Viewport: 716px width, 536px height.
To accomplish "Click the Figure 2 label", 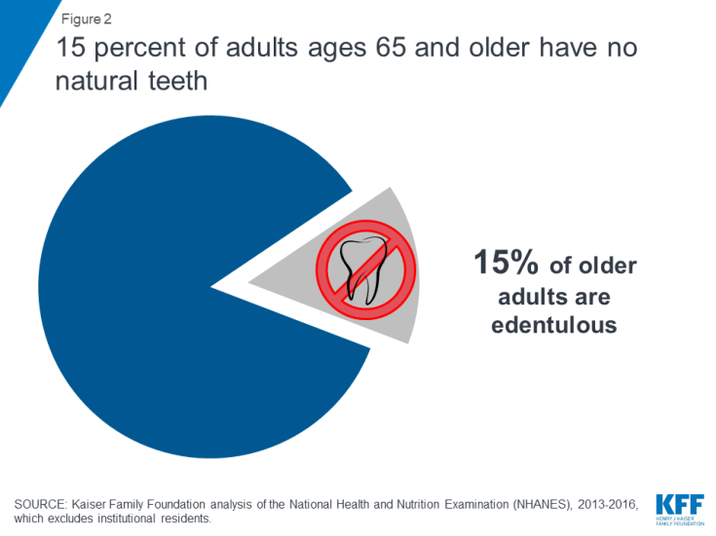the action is [87, 19].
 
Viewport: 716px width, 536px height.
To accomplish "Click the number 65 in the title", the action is [391, 48].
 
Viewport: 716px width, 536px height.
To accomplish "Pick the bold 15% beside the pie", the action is [506, 263].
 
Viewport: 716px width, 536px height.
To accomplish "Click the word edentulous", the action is [554, 325].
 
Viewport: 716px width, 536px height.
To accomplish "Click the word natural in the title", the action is [96, 81].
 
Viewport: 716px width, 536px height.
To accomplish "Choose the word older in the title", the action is [500, 48].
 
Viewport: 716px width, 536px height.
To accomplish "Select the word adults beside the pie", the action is [524, 297].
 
